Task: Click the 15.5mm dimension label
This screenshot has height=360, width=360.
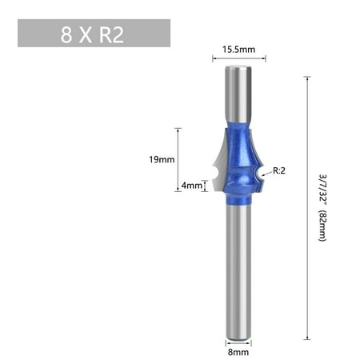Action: [238, 50]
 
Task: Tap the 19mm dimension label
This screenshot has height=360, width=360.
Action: [162, 159]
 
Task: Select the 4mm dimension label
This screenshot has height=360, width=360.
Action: [191, 185]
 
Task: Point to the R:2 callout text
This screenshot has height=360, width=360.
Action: [279, 170]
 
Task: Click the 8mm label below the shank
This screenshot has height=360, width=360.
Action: [238, 352]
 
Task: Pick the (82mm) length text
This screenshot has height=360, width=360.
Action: [323, 226]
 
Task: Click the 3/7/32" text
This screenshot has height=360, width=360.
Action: [323, 190]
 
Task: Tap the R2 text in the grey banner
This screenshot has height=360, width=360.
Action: [111, 35]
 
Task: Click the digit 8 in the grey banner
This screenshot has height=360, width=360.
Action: [66, 35]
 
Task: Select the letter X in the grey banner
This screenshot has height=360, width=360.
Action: [86, 35]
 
